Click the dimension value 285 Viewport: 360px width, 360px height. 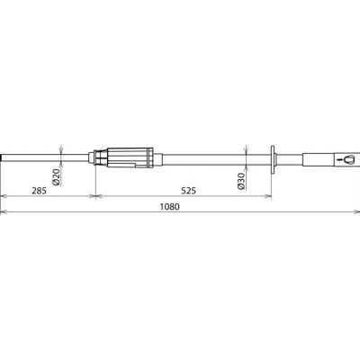point(40,191)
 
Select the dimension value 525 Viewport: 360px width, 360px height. point(188,191)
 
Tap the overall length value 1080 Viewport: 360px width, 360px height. point(169,207)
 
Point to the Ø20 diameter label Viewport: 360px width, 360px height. point(56,176)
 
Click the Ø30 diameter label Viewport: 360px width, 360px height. point(241,181)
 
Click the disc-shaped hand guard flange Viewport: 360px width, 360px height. point(273,159)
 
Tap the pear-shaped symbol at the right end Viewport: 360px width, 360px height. point(348,159)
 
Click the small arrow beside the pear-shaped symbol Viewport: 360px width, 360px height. point(339,159)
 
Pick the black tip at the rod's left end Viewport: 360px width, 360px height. point(1,157)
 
